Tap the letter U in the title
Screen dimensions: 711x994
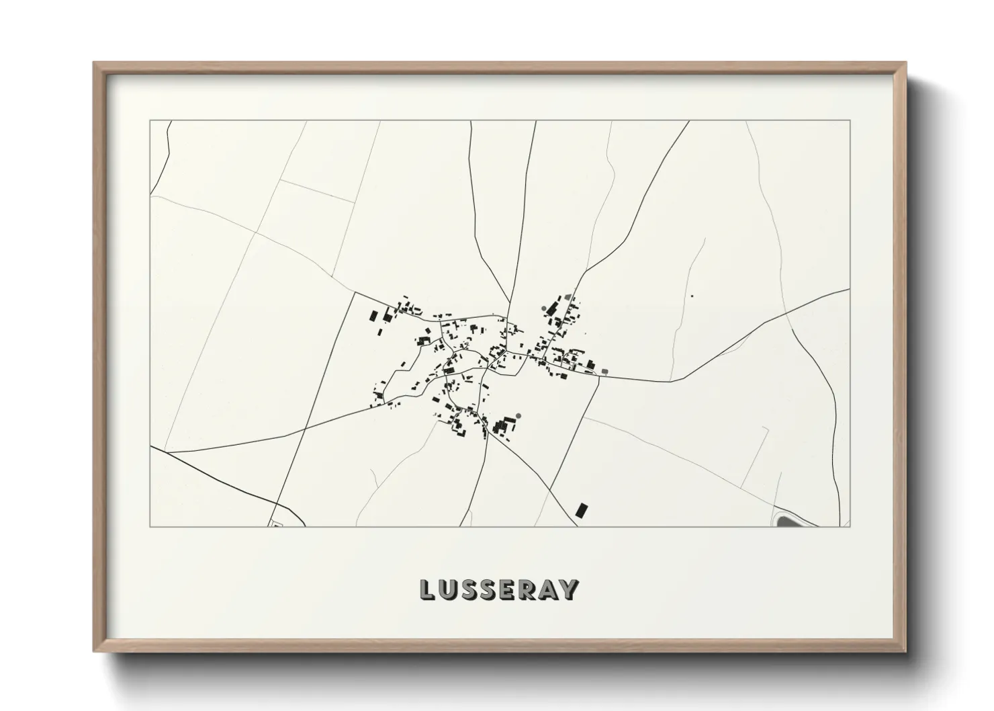[449, 589]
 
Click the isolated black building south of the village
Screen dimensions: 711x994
[581, 509]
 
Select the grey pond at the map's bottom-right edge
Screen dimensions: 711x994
[786, 519]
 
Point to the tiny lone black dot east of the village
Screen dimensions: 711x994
[692, 296]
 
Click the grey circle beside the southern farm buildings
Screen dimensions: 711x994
[518, 415]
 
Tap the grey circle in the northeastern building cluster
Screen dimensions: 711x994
[544, 309]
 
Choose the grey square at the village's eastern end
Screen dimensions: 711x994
[604, 371]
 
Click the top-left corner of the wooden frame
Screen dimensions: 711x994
[95, 63]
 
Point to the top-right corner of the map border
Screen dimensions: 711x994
[850, 121]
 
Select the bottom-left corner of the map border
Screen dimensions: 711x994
[150, 527]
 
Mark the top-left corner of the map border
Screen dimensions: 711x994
[150, 121]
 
